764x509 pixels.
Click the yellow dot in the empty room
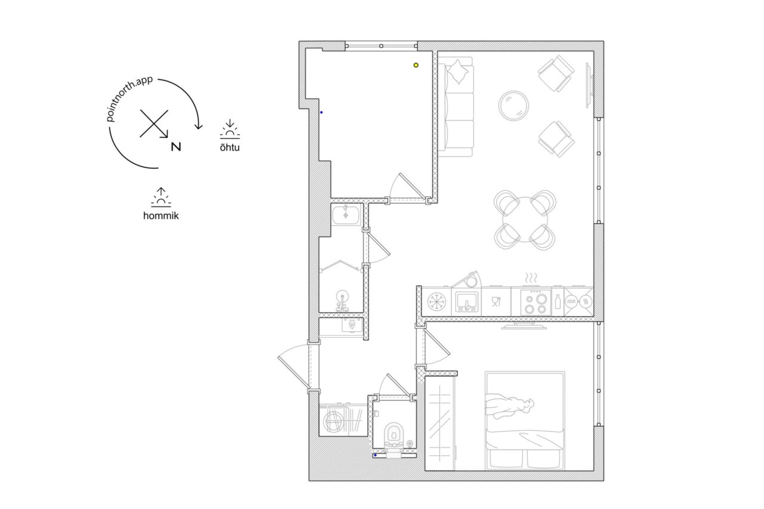click(x=416, y=65)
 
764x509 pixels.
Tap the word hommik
click(x=161, y=216)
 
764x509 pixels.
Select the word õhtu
click(x=230, y=147)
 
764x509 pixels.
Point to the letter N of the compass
click(x=176, y=147)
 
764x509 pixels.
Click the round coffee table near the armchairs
click(x=514, y=106)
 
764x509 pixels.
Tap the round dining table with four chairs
click(x=525, y=220)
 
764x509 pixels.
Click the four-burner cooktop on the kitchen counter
click(x=536, y=303)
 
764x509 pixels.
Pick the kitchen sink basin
click(x=466, y=303)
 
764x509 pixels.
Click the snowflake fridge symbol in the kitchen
click(x=437, y=302)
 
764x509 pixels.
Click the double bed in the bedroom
click(x=525, y=421)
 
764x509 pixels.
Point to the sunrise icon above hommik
click(x=161, y=197)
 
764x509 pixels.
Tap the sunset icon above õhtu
click(x=230, y=129)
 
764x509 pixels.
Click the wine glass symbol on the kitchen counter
click(x=496, y=302)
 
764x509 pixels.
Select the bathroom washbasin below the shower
click(x=342, y=301)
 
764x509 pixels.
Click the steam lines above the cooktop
click(x=531, y=278)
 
